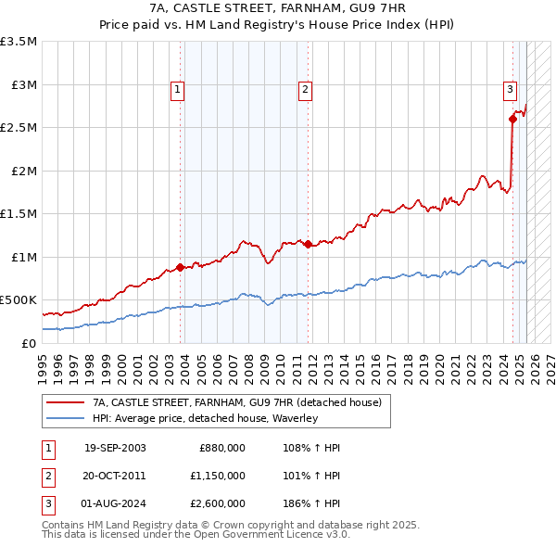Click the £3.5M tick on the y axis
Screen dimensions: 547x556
click(19, 42)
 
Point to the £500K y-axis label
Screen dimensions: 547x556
click(19, 300)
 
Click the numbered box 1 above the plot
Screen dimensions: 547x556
click(177, 90)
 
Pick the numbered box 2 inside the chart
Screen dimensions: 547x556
click(305, 90)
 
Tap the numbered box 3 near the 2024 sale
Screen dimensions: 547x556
click(510, 90)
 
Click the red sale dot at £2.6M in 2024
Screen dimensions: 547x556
click(512, 119)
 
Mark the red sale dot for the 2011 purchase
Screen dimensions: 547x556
click(308, 244)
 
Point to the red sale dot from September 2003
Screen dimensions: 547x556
click(180, 267)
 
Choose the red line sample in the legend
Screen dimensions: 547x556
click(65, 402)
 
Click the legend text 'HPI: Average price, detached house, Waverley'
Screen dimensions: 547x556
click(205, 418)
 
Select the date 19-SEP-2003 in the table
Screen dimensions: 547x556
click(115, 448)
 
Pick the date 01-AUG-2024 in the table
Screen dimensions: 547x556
click(115, 503)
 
